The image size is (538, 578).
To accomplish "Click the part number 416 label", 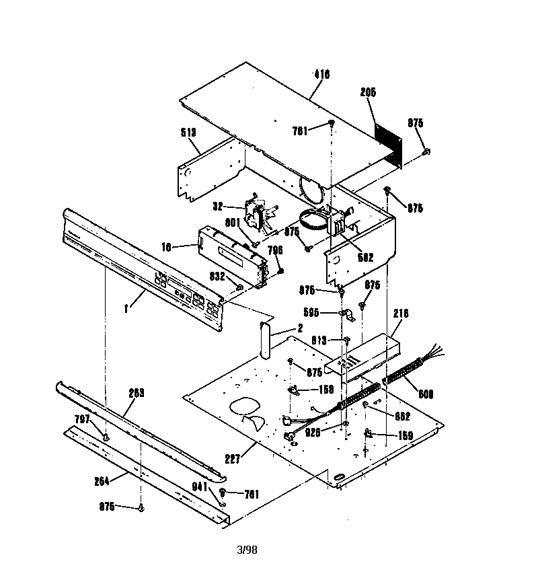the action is tap(321, 75).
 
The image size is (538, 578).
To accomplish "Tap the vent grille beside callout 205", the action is tap(388, 143).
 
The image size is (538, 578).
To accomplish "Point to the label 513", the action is tap(189, 133).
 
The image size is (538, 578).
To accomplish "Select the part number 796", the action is tap(275, 250).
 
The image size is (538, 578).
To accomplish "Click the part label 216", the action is tap(401, 313).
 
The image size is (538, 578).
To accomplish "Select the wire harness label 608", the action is tap(426, 394).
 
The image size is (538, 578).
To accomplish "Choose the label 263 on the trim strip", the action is tap(137, 392).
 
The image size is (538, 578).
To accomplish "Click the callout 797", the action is tap(81, 419).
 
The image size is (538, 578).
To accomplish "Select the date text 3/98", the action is tap(247, 550).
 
